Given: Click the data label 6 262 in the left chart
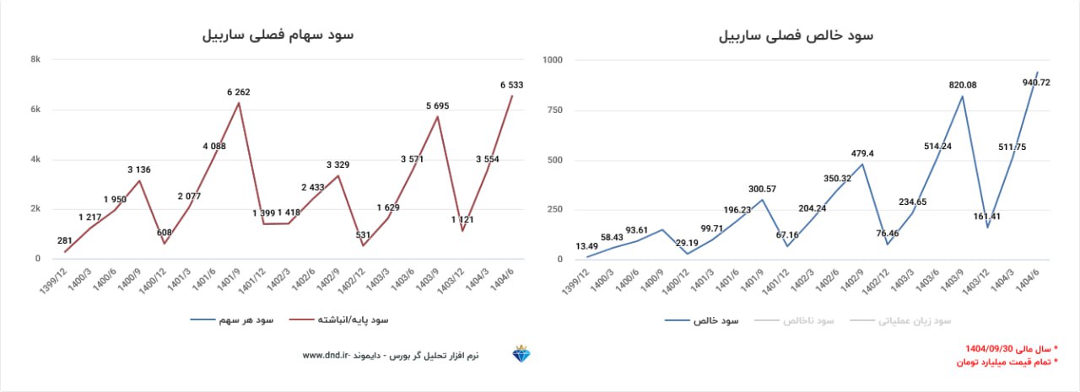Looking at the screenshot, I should tap(238, 92).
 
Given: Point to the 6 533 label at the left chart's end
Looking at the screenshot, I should tap(512, 84).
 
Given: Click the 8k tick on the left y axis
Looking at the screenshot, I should tap(36, 59).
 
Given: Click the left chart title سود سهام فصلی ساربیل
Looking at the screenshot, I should tap(278, 35).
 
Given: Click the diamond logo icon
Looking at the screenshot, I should tap(523, 355).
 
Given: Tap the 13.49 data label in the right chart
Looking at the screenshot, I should tap(588, 246).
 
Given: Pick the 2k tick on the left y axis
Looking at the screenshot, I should tap(36, 209).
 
